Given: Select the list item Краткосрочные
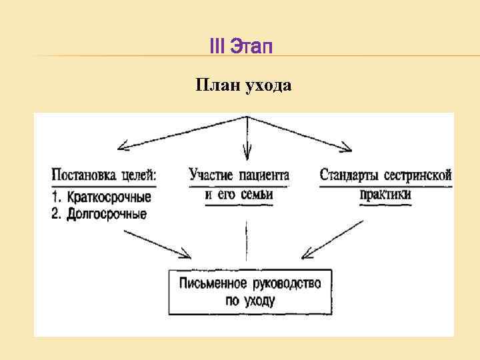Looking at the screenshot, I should [109, 197].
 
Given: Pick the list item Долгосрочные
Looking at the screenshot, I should [106, 215].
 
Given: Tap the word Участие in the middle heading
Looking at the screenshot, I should [211, 175].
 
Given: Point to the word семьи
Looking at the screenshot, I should [257, 194].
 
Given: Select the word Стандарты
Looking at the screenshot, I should [350, 175].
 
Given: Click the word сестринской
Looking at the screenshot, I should [419, 175].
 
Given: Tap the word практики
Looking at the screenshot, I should [385, 194].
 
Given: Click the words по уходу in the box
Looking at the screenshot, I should [250, 300].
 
